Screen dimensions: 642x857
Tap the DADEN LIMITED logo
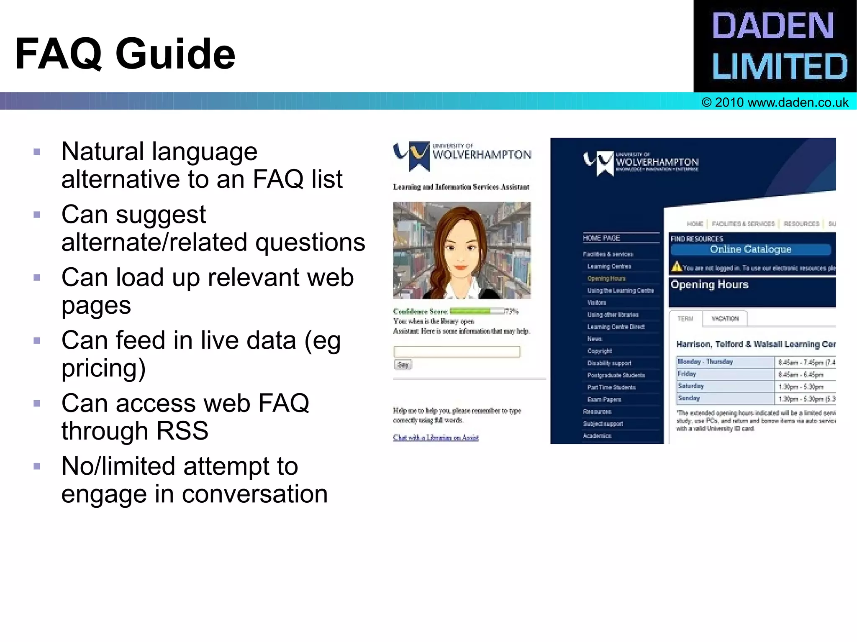775,46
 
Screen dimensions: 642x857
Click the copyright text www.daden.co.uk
775,102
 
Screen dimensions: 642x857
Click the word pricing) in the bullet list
103,368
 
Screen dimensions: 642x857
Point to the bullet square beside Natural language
37,152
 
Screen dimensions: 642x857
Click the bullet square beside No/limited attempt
37,466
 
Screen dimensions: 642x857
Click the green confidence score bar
470,311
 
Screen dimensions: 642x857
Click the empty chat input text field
457,352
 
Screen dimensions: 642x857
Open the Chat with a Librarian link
436,437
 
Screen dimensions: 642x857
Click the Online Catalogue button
750,250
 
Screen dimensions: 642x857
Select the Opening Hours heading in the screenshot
709,284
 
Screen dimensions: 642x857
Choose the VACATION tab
725,319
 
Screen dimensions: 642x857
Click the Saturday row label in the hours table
691,386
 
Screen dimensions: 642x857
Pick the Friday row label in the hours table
687,374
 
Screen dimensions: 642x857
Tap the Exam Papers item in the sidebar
604,399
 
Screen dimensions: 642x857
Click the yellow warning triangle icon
676,266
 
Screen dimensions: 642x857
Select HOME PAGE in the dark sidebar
601,238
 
